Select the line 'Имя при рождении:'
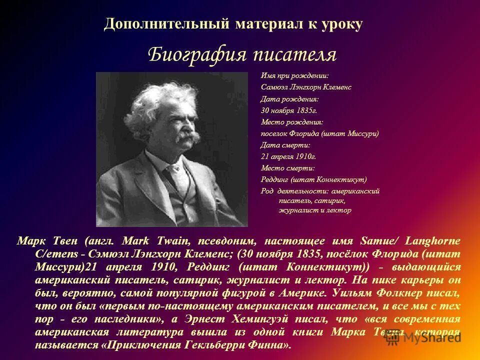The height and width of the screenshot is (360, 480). tap(294, 76)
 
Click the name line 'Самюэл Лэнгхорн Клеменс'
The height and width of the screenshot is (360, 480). tap(306, 87)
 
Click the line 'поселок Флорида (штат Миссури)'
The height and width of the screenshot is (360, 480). tap(319, 133)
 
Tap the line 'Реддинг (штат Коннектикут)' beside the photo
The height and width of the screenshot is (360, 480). tap(313, 179)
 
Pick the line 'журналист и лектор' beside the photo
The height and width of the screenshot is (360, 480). tap(314, 210)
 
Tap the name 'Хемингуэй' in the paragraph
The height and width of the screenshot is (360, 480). tap(262, 319)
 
